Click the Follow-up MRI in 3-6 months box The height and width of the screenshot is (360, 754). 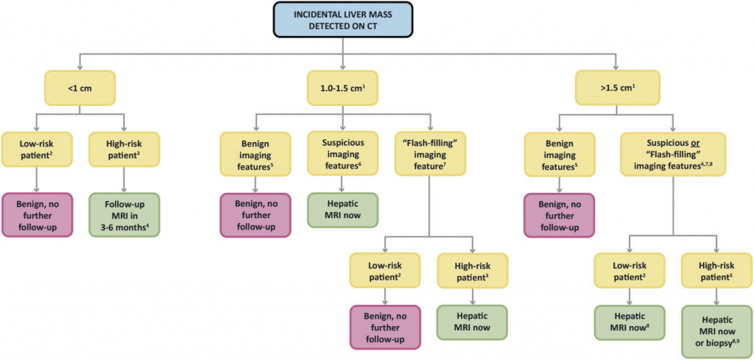124,214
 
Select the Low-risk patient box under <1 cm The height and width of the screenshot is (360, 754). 36,150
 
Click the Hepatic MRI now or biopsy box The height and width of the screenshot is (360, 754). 717,332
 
